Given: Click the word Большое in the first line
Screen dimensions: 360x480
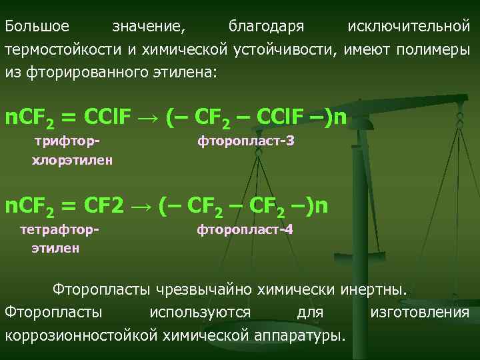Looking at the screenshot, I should pyautogui.click(x=37, y=27).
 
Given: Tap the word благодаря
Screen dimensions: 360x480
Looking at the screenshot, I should pyautogui.click(x=266, y=27).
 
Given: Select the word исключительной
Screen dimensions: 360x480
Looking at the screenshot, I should pyautogui.click(x=409, y=27).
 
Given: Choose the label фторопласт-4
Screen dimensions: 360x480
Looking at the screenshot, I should pyautogui.click(x=245, y=230).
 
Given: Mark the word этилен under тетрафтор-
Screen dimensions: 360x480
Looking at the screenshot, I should pyautogui.click(x=55, y=248).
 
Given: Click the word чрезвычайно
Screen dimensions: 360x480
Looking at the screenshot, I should pyautogui.click(x=200, y=290).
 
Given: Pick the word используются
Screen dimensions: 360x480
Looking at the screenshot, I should pyautogui.click(x=200, y=312).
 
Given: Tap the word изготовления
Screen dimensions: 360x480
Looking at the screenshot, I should pyautogui.click(x=419, y=312).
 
